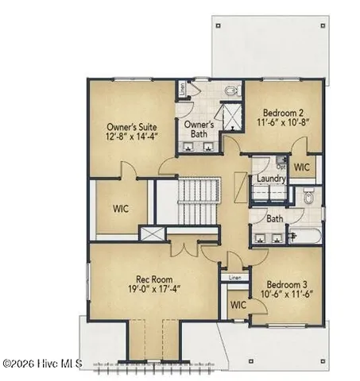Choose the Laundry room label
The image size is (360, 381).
(271, 179)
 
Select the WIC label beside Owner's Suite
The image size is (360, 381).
(119, 209)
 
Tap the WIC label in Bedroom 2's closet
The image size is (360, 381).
(302, 167)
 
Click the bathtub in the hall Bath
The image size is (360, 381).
(306, 235)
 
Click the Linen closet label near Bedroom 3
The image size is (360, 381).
(234, 278)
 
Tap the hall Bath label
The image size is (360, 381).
(275, 218)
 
